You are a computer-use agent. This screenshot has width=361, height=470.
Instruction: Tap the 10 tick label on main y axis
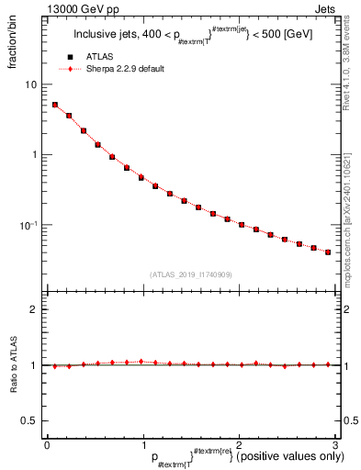(31, 84)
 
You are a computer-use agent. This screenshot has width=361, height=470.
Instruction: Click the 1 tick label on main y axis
(34, 154)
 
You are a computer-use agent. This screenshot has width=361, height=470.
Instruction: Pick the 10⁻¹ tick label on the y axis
(29, 225)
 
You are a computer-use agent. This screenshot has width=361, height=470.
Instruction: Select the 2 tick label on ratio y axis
(34, 310)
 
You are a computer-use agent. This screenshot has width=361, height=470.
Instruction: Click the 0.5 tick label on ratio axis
(30, 420)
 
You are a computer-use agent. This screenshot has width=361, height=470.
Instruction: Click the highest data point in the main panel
(55, 105)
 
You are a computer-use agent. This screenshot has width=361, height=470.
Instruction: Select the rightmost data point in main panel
(328, 252)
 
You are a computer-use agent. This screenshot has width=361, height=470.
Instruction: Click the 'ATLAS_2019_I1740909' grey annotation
(189, 274)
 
